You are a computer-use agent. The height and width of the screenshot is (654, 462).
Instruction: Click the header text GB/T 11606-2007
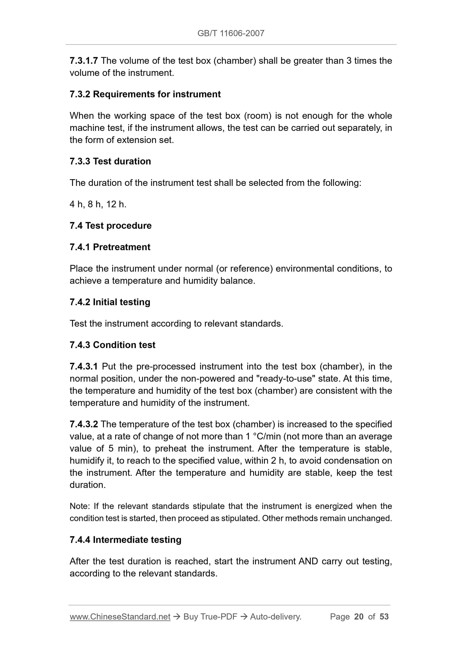tap(231, 33)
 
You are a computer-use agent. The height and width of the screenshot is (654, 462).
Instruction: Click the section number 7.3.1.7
tap(84, 61)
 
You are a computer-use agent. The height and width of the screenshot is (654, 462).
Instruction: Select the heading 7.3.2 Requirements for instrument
tap(145, 94)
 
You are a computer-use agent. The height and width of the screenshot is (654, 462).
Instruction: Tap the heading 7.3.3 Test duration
tap(110, 161)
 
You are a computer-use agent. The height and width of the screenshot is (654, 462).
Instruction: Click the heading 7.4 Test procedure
tap(111, 226)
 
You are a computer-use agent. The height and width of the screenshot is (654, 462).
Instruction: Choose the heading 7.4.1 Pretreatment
tap(110, 247)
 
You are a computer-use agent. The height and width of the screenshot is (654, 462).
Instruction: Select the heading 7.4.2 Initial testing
tap(110, 302)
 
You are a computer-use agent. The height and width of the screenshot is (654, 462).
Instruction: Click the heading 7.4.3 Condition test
tap(113, 345)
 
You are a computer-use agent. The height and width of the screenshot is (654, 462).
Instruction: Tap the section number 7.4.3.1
tap(84, 366)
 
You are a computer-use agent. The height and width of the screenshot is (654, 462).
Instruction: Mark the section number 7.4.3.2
tap(84, 424)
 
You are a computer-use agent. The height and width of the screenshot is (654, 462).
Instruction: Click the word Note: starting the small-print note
tap(80, 506)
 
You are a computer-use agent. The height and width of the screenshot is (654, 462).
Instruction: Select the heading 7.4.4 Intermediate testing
tap(125, 540)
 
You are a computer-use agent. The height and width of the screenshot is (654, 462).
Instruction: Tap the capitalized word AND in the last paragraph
tap(308, 561)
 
